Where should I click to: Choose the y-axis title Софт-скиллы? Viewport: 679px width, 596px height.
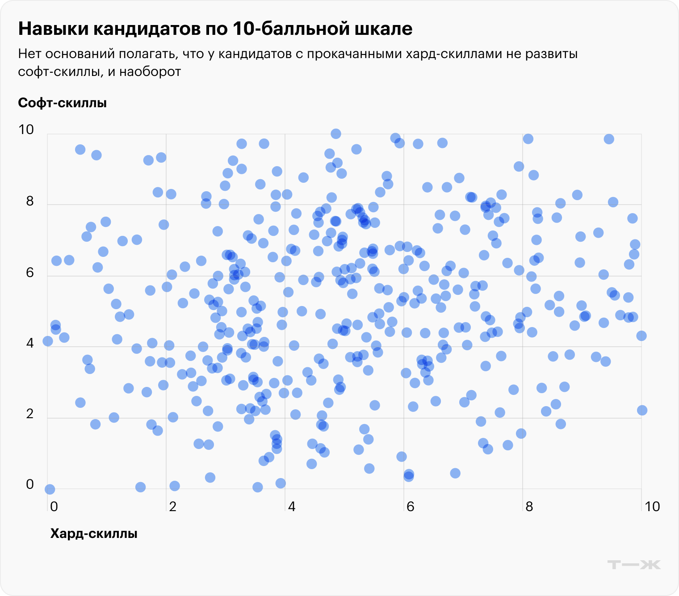pos(62,103)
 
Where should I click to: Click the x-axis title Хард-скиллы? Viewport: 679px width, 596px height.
pos(93,533)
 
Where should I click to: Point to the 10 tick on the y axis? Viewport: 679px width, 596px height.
pos(26,130)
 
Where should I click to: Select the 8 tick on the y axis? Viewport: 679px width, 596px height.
pos(29,201)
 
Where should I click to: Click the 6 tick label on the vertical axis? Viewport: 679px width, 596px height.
pos(29,273)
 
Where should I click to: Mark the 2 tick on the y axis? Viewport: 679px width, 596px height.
pos(29,414)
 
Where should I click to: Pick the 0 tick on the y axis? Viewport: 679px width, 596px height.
pos(29,485)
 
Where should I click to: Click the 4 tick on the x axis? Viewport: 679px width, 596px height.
pos(291,506)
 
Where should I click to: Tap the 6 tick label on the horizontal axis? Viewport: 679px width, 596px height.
pos(410,506)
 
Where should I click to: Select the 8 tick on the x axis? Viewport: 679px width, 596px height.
pos(529,506)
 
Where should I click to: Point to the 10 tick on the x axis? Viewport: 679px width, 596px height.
pos(652,506)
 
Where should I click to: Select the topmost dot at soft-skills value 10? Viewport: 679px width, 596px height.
pos(336,134)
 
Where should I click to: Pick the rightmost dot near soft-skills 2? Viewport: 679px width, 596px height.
pos(642,410)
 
